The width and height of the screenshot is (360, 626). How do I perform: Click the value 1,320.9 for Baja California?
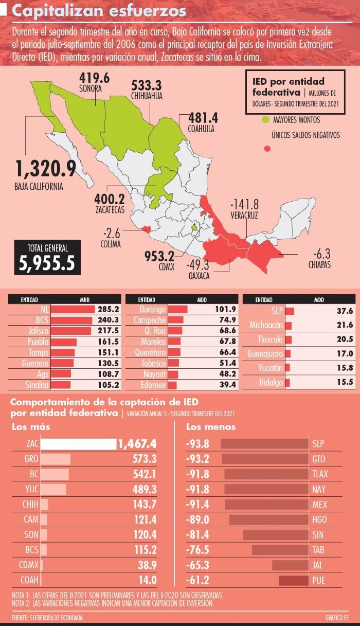(46, 169)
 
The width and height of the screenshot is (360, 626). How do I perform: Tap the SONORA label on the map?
(91, 88)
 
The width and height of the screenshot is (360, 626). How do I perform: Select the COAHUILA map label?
(202, 130)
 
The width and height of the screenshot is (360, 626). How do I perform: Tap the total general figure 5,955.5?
(47, 263)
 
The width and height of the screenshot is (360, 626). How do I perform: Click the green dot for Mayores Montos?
(265, 120)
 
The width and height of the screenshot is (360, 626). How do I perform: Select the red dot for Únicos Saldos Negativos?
(267, 149)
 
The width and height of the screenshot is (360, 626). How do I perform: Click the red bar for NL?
(73, 310)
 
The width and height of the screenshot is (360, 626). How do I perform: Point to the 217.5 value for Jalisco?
(109, 331)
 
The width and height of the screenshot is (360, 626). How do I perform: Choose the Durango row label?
(153, 310)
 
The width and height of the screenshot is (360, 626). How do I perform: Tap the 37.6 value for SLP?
(344, 311)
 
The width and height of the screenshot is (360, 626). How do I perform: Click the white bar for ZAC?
(78, 444)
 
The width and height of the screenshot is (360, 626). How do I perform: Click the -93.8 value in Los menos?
(197, 444)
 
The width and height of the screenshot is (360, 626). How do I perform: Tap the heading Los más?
(31, 427)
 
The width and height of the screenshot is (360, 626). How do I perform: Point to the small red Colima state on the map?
(146, 228)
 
